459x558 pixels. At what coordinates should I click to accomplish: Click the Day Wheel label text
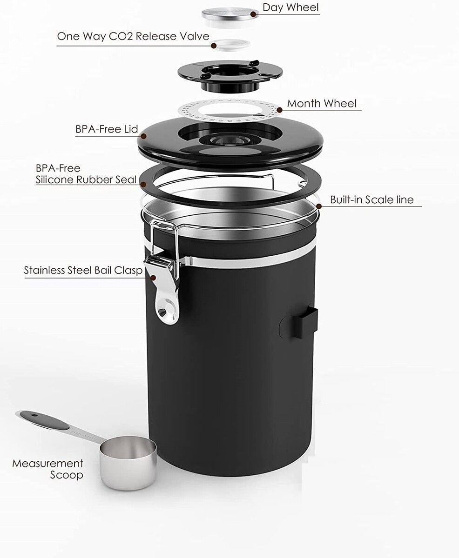(290, 8)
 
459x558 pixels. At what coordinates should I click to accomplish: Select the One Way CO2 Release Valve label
(133, 36)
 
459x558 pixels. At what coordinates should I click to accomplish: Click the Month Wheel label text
(322, 103)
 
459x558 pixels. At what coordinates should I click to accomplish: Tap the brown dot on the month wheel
(280, 110)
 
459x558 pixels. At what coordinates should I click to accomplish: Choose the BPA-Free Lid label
(107, 129)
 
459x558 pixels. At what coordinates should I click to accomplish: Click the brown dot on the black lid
(143, 136)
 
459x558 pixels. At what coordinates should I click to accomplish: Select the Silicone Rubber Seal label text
(86, 179)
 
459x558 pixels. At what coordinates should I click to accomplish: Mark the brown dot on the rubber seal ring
(143, 185)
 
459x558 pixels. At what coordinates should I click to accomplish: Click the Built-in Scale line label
(372, 199)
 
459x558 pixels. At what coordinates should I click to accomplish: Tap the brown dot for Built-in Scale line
(319, 206)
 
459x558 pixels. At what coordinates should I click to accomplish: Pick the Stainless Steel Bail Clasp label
(83, 271)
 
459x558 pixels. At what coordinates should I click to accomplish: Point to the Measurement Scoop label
(48, 469)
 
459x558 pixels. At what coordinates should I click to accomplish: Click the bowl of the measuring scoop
(128, 462)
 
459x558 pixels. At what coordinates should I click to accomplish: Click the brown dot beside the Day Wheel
(254, 14)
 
